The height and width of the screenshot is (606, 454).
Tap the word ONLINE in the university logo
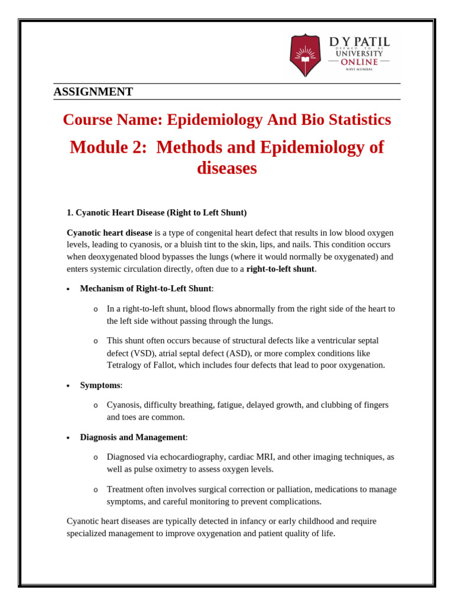click(359, 62)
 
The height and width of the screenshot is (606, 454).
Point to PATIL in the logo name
click(371, 42)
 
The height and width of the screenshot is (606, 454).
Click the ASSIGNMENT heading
click(93, 92)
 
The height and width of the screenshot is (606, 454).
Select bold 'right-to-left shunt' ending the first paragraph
click(280, 269)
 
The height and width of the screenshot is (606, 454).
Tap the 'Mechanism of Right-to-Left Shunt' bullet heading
click(146, 289)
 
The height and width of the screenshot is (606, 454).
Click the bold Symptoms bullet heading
click(100, 385)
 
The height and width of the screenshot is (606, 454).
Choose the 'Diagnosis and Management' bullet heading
click(133, 437)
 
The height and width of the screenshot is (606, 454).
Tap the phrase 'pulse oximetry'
click(167, 469)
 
